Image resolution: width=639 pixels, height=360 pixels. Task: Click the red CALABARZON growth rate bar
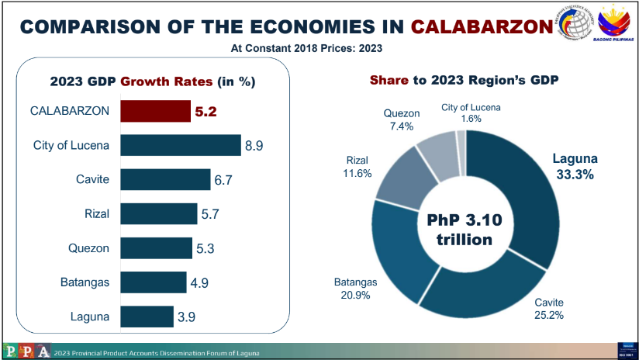(x=155, y=111)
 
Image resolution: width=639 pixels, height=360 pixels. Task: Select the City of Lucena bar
(x=181, y=145)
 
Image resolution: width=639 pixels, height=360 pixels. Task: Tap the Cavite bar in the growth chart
(x=165, y=180)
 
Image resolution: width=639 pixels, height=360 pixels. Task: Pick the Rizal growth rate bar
(x=159, y=213)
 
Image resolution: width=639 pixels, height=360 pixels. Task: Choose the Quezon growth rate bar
(x=156, y=247)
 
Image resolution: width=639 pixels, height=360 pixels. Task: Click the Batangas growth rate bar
(x=154, y=282)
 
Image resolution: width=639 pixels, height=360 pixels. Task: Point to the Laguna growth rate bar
(x=147, y=316)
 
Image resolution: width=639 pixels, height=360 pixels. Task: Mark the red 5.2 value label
(x=206, y=111)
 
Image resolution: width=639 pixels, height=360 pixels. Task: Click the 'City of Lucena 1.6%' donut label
(x=471, y=112)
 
